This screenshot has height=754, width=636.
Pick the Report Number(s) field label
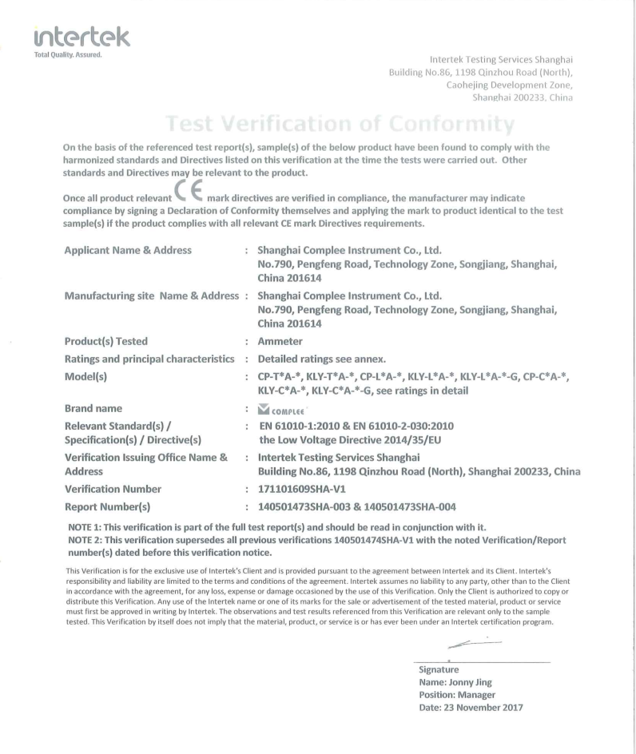[109, 505]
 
